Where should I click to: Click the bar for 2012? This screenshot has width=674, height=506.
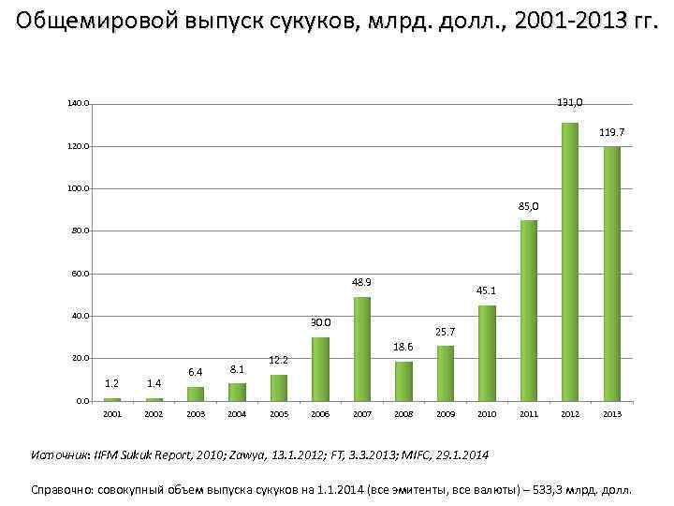coord(570,261)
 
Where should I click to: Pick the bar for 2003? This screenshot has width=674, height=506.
coord(195,394)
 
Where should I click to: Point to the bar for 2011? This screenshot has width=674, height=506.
coord(528,310)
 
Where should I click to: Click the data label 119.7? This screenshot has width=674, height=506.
coord(612,133)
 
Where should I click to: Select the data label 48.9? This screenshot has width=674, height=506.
coord(361,282)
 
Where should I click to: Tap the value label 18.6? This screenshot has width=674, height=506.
coord(403,347)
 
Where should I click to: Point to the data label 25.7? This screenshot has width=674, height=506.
coord(445,332)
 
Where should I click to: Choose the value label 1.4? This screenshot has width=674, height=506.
coord(154,383)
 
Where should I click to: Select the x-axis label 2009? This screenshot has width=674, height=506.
coord(446,413)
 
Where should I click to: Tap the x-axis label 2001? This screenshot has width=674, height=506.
coord(112,413)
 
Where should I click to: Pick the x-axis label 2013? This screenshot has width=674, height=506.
coord(611,413)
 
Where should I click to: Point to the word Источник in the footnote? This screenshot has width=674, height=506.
coord(59,454)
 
